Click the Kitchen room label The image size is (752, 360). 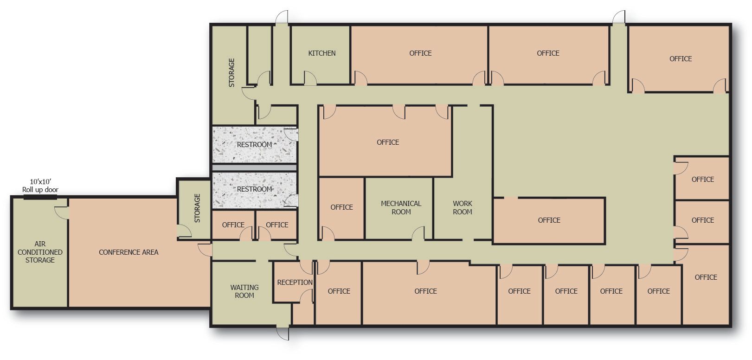tap(321, 53)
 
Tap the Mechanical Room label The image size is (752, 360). tap(401, 207)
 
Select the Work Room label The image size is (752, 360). tap(462, 207)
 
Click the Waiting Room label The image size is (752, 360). tap(244, 291)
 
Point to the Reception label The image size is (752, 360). tap(295, 283)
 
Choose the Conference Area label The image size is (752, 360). tap(129, 252)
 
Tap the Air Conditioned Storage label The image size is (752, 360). tap(40, 252)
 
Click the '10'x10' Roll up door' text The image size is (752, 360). tap(40, 186)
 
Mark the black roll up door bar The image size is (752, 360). tap(40, 198)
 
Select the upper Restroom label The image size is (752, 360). tap(254, 145)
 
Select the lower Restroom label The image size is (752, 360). tap(254, 189)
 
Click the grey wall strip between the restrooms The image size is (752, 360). tap(254, 167)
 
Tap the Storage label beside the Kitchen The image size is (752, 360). tap(231, 72)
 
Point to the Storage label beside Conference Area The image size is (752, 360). tap(197, 208)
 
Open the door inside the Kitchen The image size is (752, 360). tap(310, 78)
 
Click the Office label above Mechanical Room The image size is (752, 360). tap(388, 142)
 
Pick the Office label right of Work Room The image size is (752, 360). tap(549, 220)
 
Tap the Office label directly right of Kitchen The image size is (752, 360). tap(420, 53)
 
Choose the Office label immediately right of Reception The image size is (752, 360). tap(339, 291)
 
